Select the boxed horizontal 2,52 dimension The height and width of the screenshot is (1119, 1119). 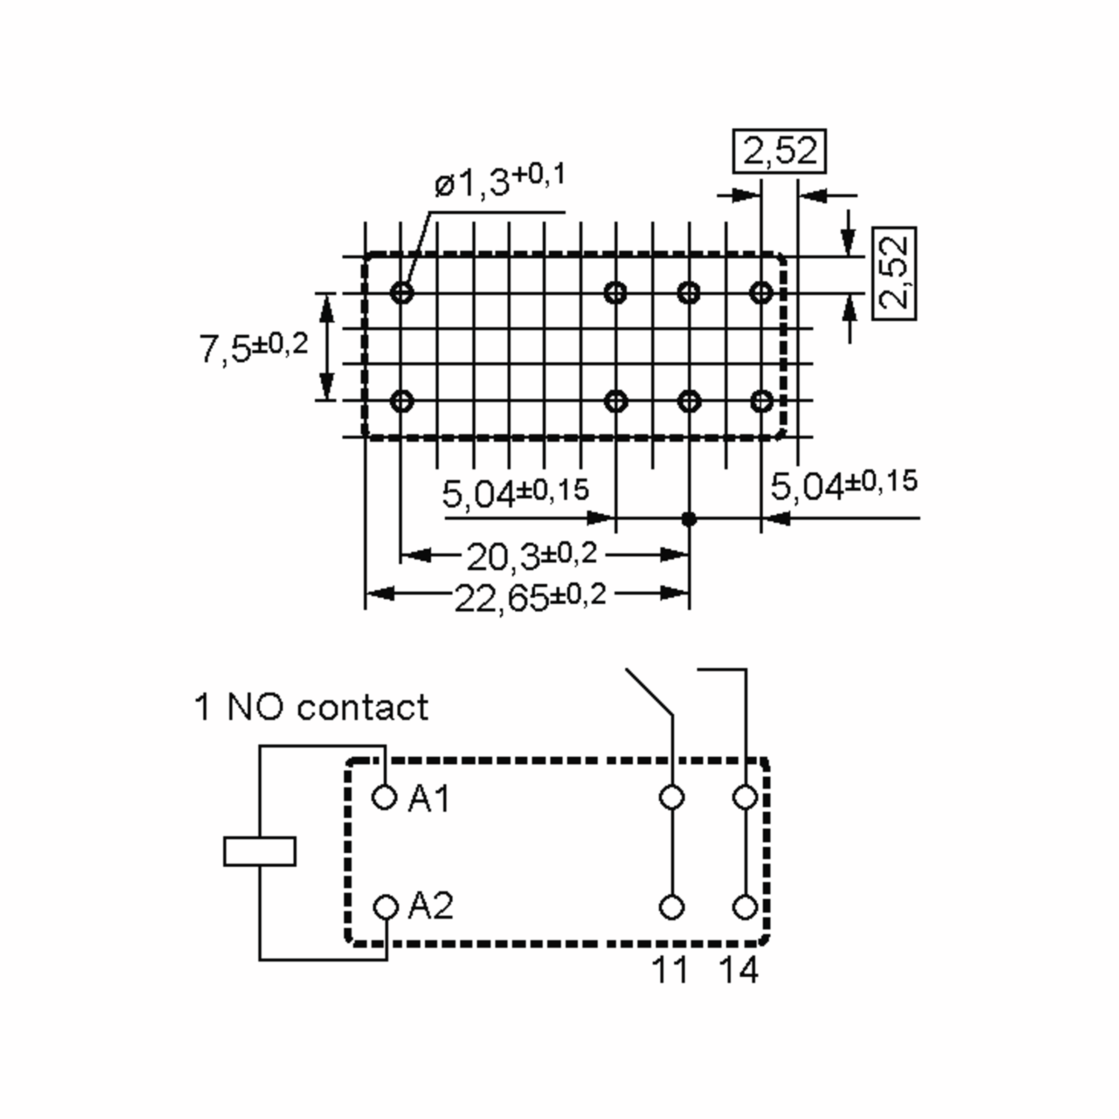click(x=779, y=151)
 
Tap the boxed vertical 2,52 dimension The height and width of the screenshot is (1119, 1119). click(x=894, y=273)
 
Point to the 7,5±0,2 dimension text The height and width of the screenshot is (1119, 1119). click(x=253, y=348)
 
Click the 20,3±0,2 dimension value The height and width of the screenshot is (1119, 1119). click(x=531, y=556)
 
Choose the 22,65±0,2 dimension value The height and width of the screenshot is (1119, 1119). click(x=530, y=597)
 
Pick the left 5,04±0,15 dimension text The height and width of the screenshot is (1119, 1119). click(x=515, y=493)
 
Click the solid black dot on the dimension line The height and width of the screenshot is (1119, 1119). click(x=689, y=519)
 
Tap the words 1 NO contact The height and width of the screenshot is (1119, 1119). click(x=311, y=707)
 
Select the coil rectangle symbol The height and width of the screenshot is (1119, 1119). click(x=260, y=851)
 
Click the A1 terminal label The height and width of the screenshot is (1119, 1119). click(x=428, y=799)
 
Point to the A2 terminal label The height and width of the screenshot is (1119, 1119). click(x=430, y=906)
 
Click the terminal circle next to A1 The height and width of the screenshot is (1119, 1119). click(x=384, y=798)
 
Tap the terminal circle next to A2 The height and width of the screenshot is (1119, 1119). click(x=386, y=907)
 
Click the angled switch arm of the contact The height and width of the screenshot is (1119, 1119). click(x=649, y=691)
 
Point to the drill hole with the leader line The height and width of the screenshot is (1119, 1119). click(x=402, y=292)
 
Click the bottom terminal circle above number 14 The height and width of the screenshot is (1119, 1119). click(x=745, y=907)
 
